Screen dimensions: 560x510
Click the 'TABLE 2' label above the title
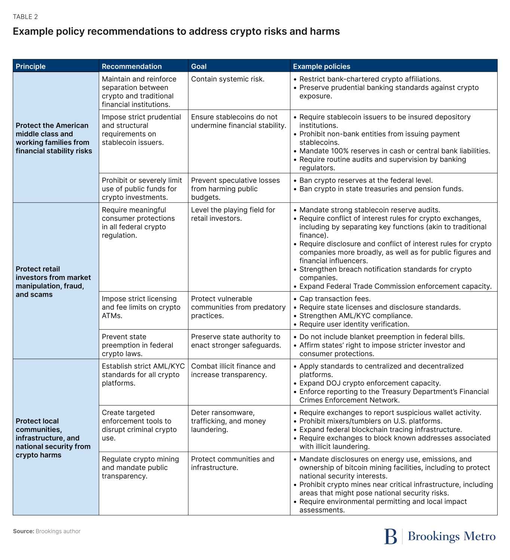pos(25,17)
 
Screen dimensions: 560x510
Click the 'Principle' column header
pos(31,66)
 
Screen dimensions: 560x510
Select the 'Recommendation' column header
pos(132,66)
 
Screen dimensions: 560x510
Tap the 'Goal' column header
pos(199,66)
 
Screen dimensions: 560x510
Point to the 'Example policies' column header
pos(322,66)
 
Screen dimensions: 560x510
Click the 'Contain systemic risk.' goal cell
pos(228,79)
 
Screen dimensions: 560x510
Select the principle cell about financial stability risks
pos(54,138)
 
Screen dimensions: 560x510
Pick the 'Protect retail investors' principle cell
pos(53,281)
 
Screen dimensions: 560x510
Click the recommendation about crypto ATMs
pos(141,307)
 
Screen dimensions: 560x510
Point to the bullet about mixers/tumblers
pos(371,421)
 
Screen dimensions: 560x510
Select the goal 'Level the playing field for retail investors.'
pos(233,214)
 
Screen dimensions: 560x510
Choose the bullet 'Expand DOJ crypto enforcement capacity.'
pos(370,383)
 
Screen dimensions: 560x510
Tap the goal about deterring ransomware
pos(228,421)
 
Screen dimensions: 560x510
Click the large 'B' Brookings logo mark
pos(390,536)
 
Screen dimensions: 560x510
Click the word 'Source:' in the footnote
pos(24,531)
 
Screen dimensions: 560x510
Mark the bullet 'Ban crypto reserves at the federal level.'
pos(366,180)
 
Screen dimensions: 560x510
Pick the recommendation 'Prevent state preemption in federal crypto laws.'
pos(137,345)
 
